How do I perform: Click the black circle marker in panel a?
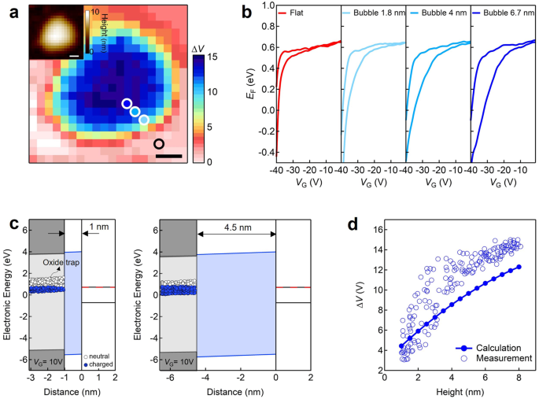(x=159, y=143)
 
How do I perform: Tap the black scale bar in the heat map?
(x=168, y=156)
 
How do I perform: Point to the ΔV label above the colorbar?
(x=200, y=50)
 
